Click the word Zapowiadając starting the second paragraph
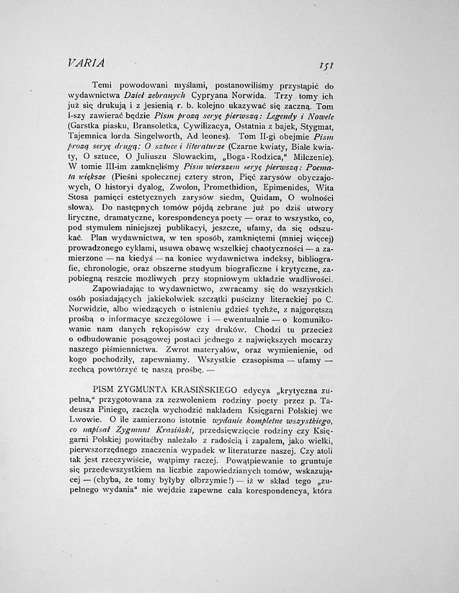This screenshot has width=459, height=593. tap(125, 290)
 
